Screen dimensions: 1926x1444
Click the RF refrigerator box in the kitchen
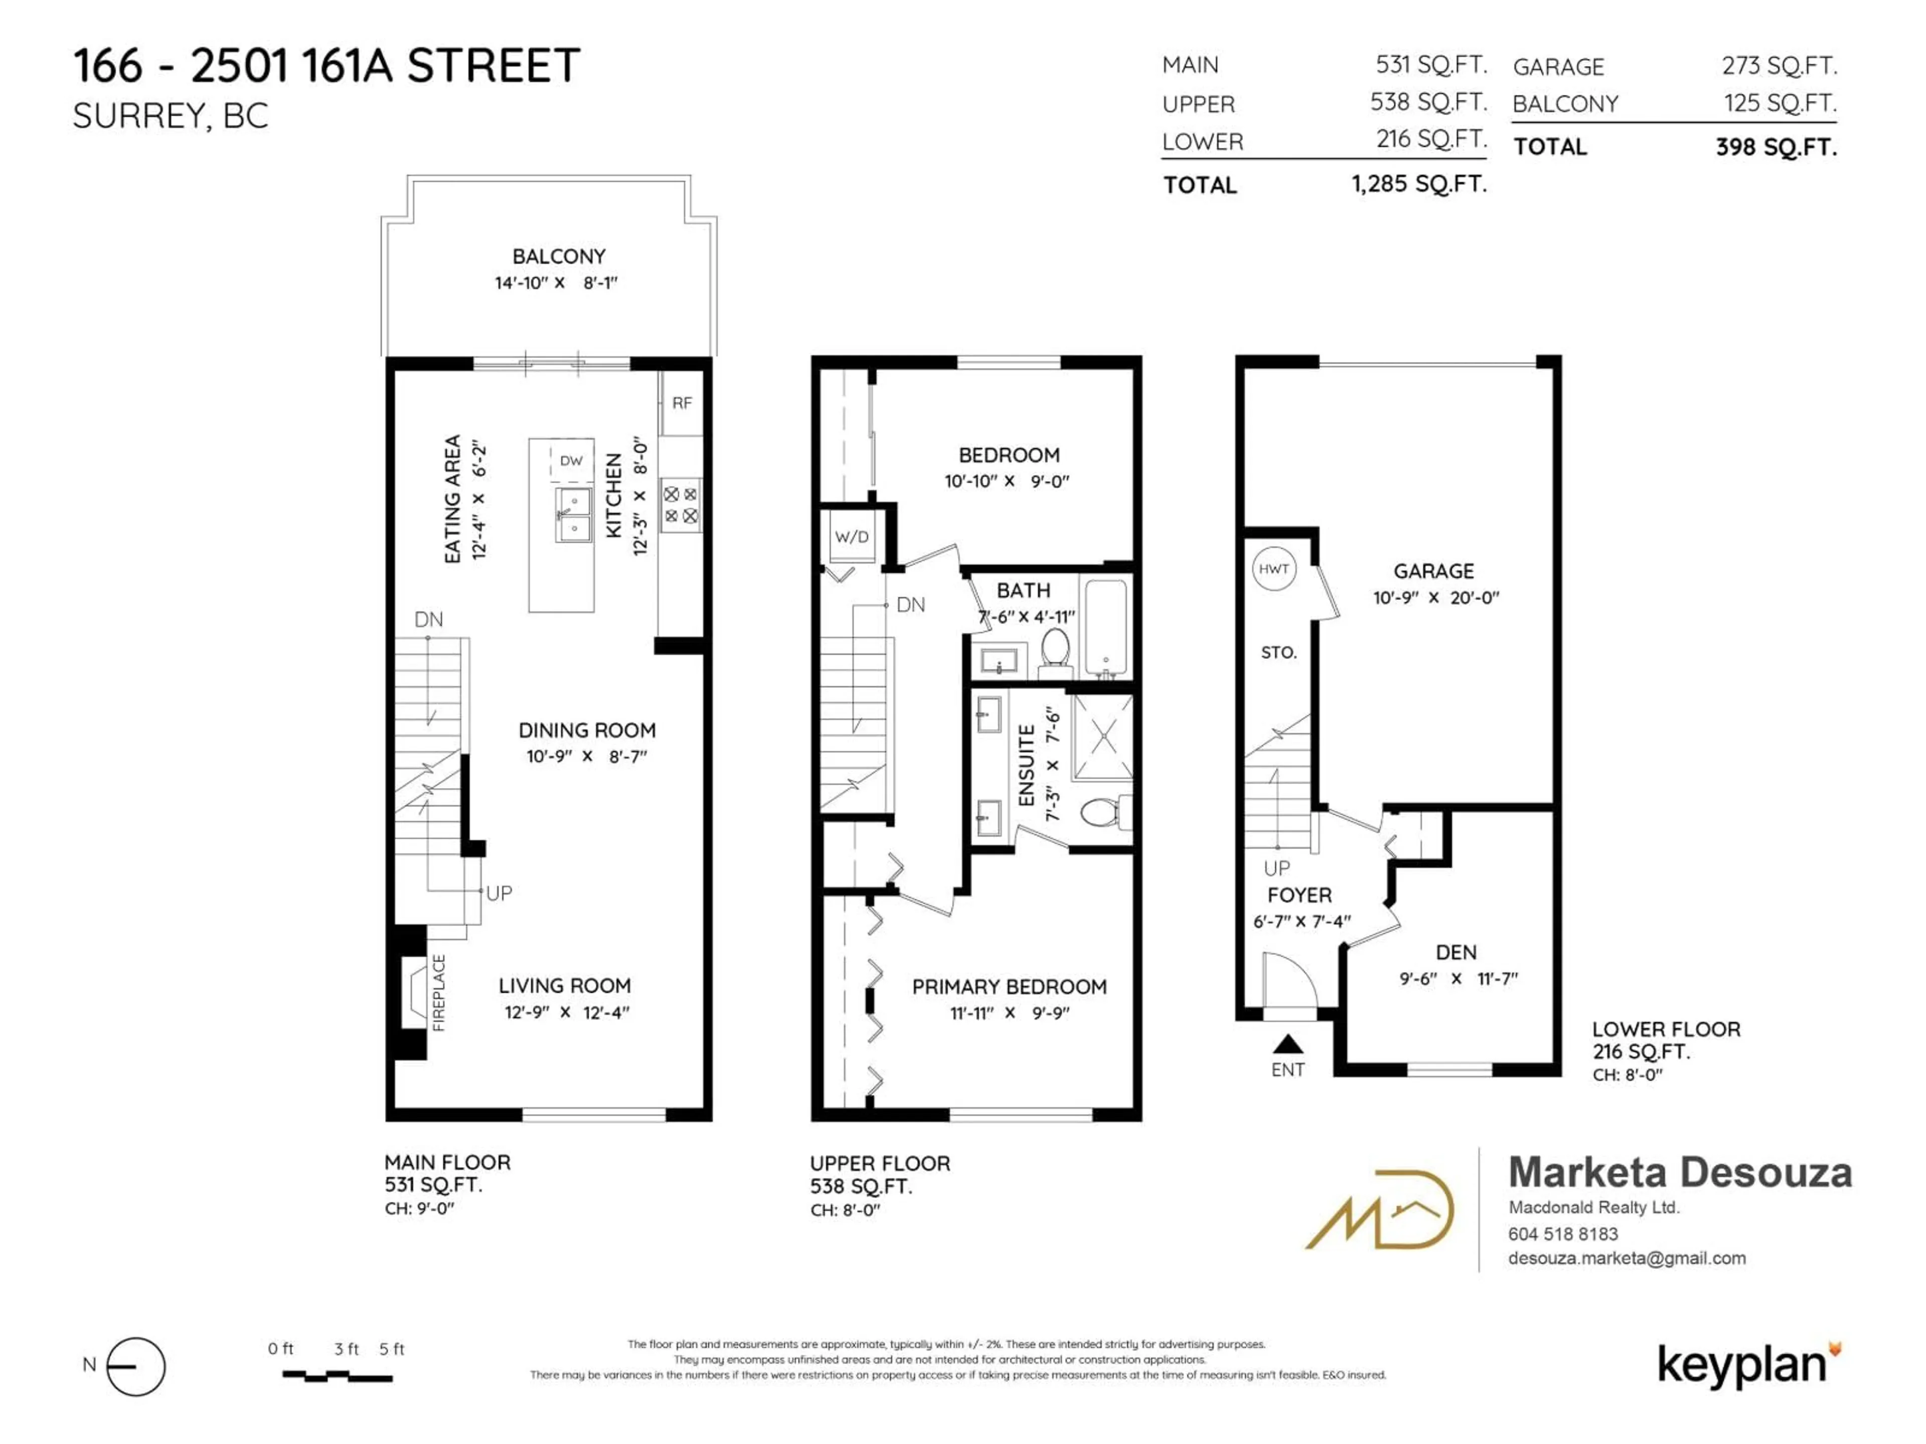681,403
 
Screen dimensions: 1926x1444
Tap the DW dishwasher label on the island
571,460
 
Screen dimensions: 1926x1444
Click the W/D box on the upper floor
852,536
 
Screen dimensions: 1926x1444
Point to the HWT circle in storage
1273,569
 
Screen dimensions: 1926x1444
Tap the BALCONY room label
559,257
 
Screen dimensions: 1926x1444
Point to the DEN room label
1456,952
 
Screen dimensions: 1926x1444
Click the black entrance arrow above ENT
1288,1043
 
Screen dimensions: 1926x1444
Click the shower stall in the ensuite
1102,737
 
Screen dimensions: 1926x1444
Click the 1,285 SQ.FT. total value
1419,184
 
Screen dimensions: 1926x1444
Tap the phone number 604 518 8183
1563,1233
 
